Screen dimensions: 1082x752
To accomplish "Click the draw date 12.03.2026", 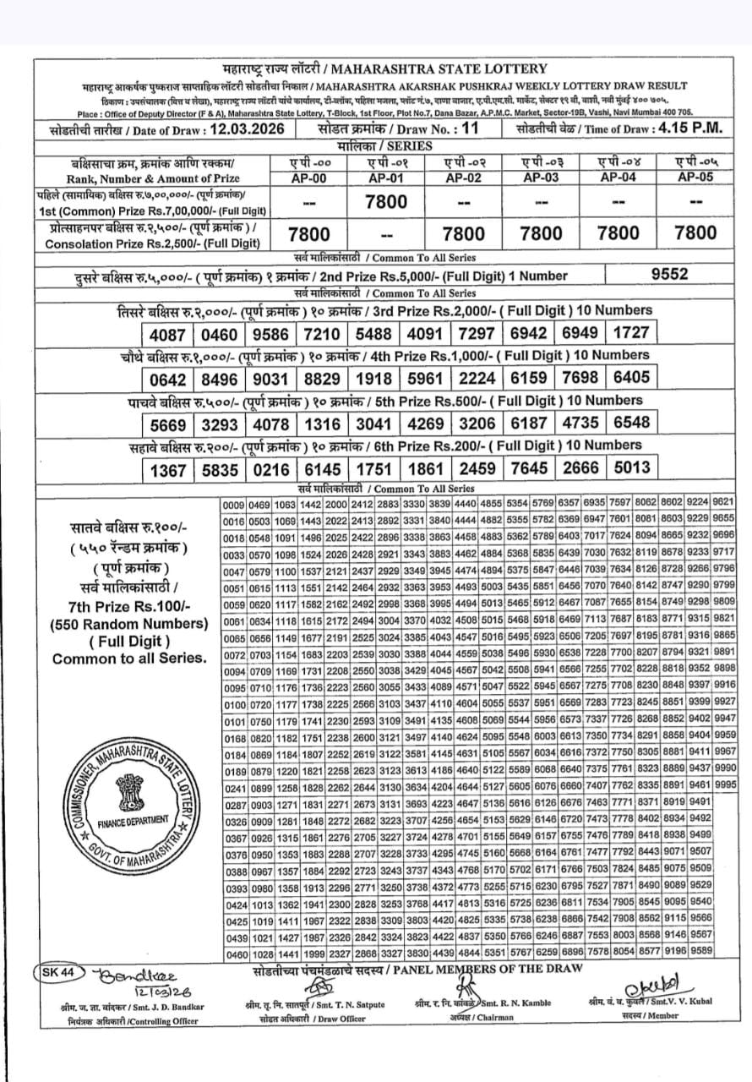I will [242, 130].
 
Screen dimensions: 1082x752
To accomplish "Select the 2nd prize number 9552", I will [670, 273].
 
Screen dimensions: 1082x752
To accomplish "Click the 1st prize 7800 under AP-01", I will [385, 201].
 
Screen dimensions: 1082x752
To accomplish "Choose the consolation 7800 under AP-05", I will [696, 232].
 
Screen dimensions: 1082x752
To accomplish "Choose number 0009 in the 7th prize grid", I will [234, 504].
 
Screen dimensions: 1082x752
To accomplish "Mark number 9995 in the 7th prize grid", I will [724, 784].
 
